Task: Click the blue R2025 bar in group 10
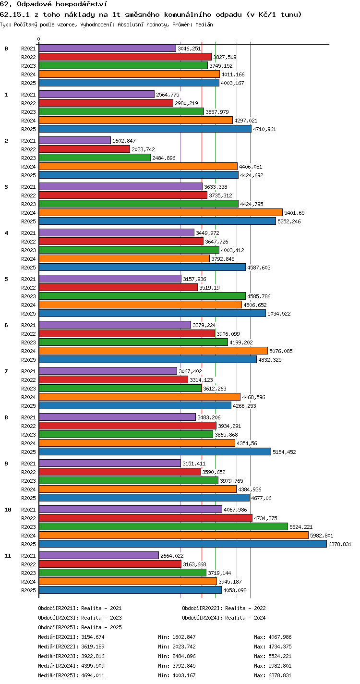(x=183, y=544)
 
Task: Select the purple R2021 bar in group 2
(x=75, y=140)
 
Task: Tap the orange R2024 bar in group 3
(x=161, y=212)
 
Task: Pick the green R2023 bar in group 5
(x=142, y=296)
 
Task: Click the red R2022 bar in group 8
(x=128, y=426)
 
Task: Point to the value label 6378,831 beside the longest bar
(x=340, y=544)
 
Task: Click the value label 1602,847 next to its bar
(x=124, y=141)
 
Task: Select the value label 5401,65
(x=294, y=213)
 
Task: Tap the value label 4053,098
(x=235, y=590)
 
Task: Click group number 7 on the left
(x=6, y=371)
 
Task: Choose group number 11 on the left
(x=8, y=556)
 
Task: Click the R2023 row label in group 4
(x=28, y=250)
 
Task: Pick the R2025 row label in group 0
(x=28, y=83)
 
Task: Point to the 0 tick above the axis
(x=39, y=39)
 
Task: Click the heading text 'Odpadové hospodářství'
(x=62, y=4)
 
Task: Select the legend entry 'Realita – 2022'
(x=245, y=608)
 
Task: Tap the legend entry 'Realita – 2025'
(x=101, y=627)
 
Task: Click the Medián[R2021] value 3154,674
(x=93, y=637)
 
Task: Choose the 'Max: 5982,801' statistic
(x=273, y=666)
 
